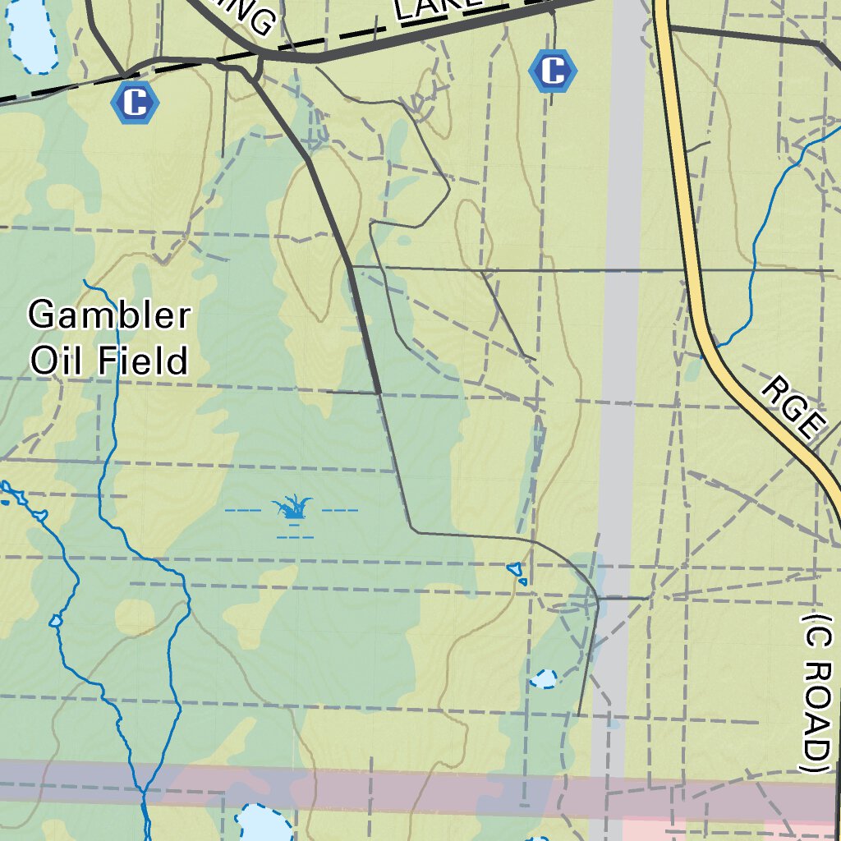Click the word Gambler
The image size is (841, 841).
(109, 315)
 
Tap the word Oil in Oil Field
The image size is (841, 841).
(56, 360)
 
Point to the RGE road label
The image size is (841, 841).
(793, 407)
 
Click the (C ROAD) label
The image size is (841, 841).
(816, 692)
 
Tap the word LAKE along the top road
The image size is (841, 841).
(436, 7)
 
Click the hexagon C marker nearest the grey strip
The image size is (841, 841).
(553, 71)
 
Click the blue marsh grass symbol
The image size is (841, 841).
(294, 508)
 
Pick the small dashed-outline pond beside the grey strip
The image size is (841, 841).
(543, 678)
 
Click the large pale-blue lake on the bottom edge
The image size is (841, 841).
(263, 825)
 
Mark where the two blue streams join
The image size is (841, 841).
(144, 793)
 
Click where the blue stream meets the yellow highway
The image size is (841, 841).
(715, 345)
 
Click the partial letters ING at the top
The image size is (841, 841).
(250, 18)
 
